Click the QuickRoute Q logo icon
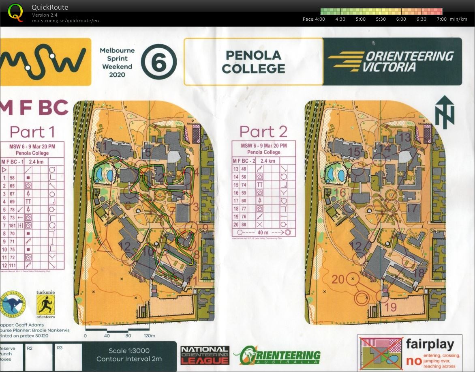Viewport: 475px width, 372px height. pos(15,12)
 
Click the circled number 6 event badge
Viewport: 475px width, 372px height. pos(159,62)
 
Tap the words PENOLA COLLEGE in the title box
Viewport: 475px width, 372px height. pos(253,62)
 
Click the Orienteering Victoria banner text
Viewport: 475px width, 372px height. pos(391,61)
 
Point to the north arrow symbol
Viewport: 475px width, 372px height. pos(445,112)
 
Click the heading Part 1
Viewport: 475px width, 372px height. pos(32,132)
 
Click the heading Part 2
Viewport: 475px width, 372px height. pos(263,131)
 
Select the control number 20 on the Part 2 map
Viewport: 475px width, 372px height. pos(338,279)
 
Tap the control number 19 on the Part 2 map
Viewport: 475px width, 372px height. pos(391,307)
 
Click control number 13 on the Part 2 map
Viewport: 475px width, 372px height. pos(405,138)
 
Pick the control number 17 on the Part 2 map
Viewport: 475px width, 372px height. pos(412,209)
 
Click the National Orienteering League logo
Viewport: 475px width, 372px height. pos(205,355)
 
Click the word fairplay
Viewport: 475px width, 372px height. pos(430,345)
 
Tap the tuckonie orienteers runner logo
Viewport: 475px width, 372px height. pos(45,304)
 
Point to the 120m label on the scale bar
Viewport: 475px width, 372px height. pos(150,336)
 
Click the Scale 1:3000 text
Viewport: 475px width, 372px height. pos(129,351)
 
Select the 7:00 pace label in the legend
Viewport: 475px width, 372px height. pos(442,19)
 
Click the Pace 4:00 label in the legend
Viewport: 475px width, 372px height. pos(314,19)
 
